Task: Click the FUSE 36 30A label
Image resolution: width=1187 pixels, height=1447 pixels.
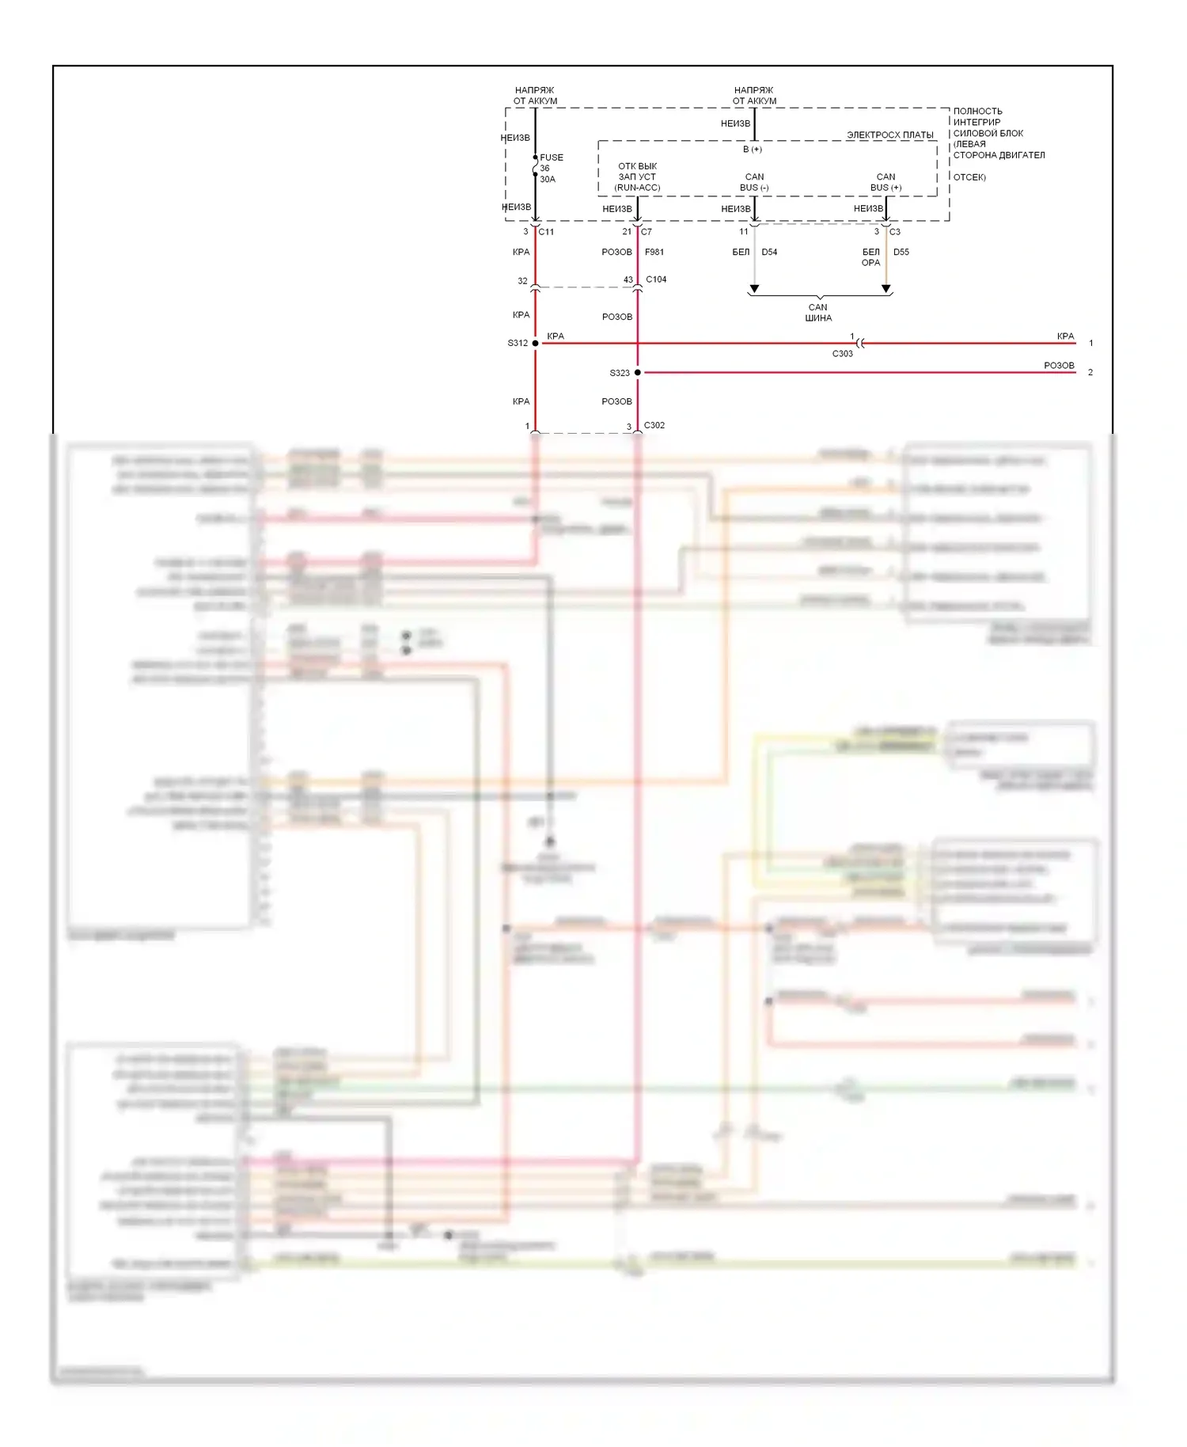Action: (x=550, y=168)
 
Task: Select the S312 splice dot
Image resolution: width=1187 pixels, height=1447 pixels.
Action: (x=536, y=343)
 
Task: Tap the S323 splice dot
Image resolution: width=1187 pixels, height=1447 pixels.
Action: (x=638, y=372)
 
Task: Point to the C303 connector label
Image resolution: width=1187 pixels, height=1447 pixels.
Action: (x=842, y=354)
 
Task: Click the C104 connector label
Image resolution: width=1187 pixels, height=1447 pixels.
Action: (x=656, y=279)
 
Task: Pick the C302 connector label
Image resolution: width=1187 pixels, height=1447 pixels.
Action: (x=654, y=425)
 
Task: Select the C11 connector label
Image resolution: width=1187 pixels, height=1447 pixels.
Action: (x=546, y=232)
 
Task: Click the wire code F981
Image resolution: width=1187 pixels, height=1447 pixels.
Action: (x=654, y=252)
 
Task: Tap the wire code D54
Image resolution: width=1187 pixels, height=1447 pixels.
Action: (x=769, y=252)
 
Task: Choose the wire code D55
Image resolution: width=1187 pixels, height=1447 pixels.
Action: (x=901, y=252)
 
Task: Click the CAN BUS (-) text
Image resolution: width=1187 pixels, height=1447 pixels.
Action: (x=754, y=182)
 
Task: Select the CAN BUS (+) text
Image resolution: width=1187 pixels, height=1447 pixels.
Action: (x=886, y=182)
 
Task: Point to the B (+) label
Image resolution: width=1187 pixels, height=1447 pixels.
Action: (x=753, y=149)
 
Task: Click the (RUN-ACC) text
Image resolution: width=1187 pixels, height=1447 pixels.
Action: (x=637, y=188)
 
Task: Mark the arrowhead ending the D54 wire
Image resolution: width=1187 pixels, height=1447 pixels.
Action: (x=754, y=289)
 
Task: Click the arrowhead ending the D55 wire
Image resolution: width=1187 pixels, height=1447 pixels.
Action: (x=886, y=289)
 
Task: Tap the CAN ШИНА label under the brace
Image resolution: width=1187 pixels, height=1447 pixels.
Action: (x=818, y=313)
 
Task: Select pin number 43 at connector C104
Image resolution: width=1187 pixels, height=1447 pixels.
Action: (x=628, y=280)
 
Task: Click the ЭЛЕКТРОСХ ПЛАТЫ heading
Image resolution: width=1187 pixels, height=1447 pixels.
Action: (x=890, y=135)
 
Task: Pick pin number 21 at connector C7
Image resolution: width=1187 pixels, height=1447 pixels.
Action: (x=627, y=232)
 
